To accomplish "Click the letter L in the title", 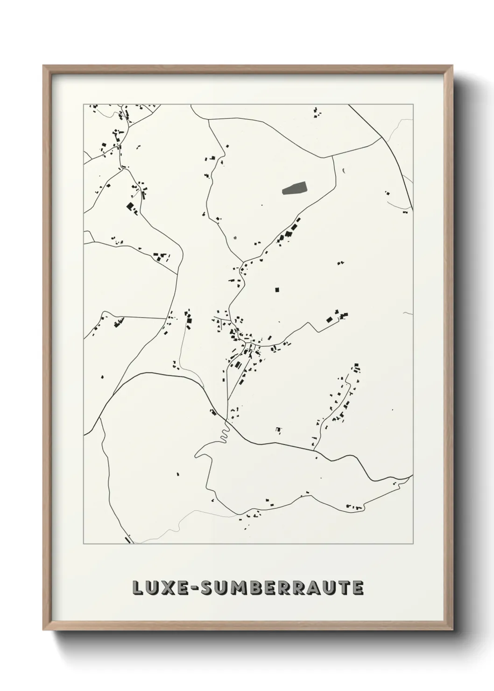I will (138, 588).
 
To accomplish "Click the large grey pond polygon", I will (295, 188).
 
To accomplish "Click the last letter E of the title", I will (358, 588).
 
